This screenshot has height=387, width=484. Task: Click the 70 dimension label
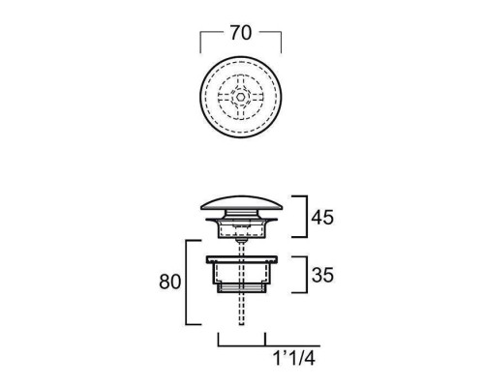tap(241, 33)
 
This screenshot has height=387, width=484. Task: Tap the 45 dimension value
tap(322, 218)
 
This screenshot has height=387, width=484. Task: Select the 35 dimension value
tap(322, 275)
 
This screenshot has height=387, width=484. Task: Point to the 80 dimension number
tap(169, 282)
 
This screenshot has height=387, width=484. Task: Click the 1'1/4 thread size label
tap(294, 358)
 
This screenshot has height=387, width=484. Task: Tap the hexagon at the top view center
tap(240, 97)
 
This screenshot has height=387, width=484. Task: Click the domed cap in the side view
tap(241, 203)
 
